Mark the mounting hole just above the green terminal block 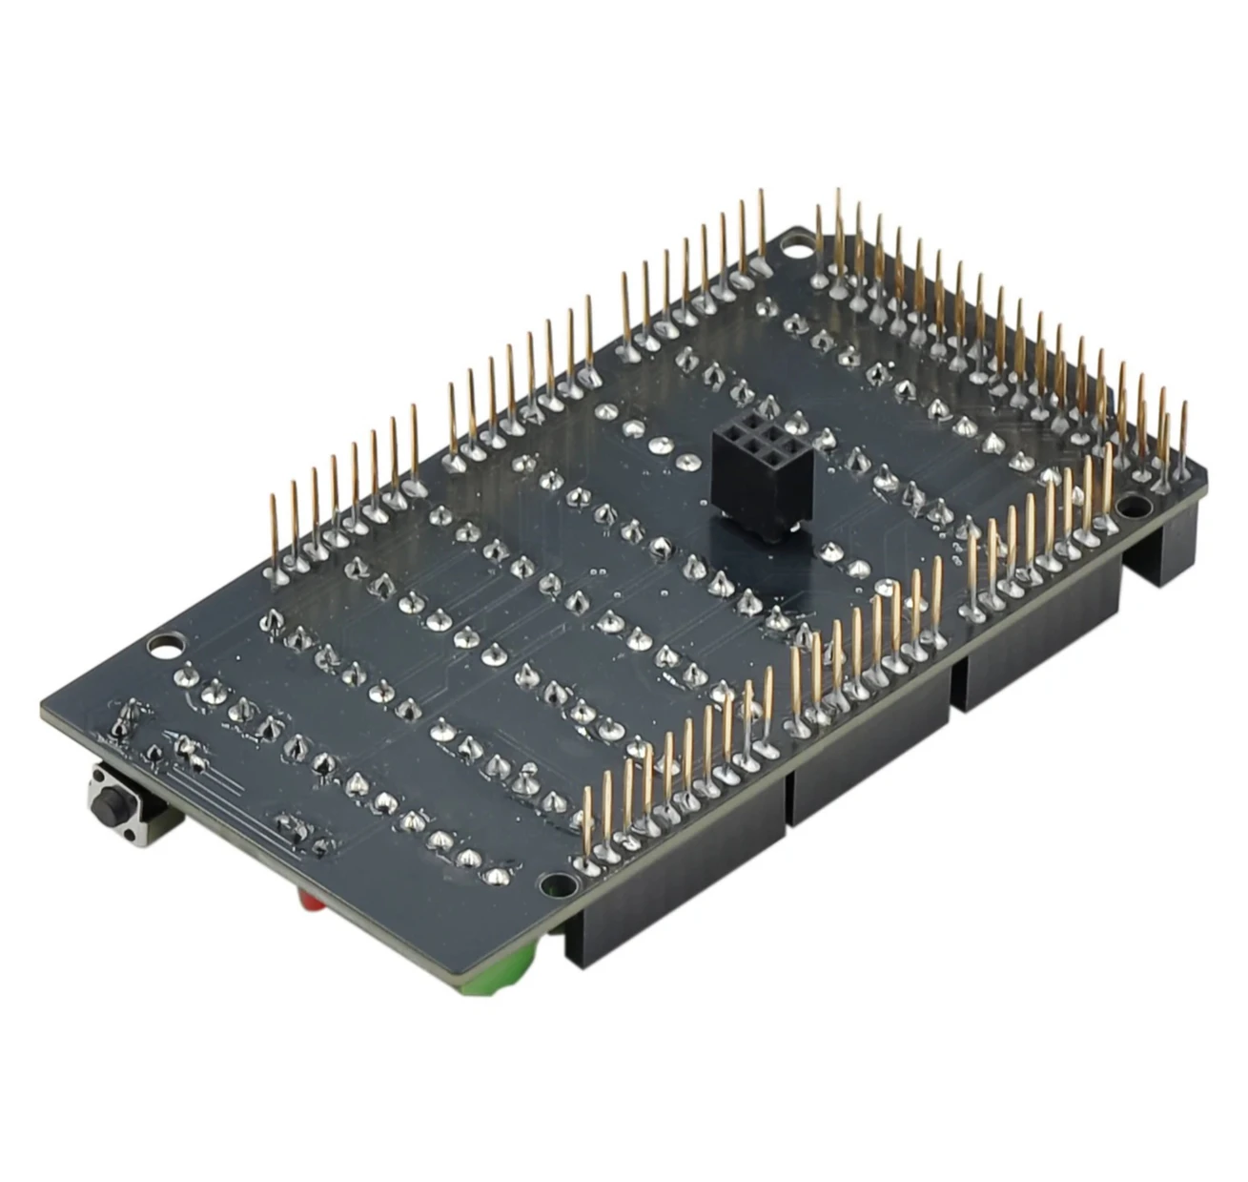(548, 887)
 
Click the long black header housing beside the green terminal (677, 878)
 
